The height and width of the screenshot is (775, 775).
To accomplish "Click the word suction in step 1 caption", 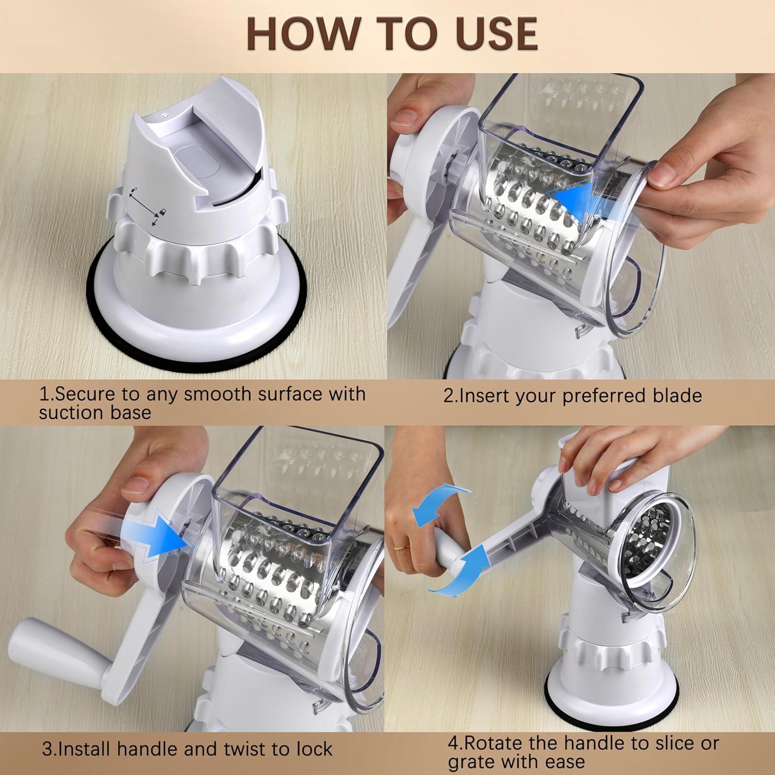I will pos(74,412).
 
